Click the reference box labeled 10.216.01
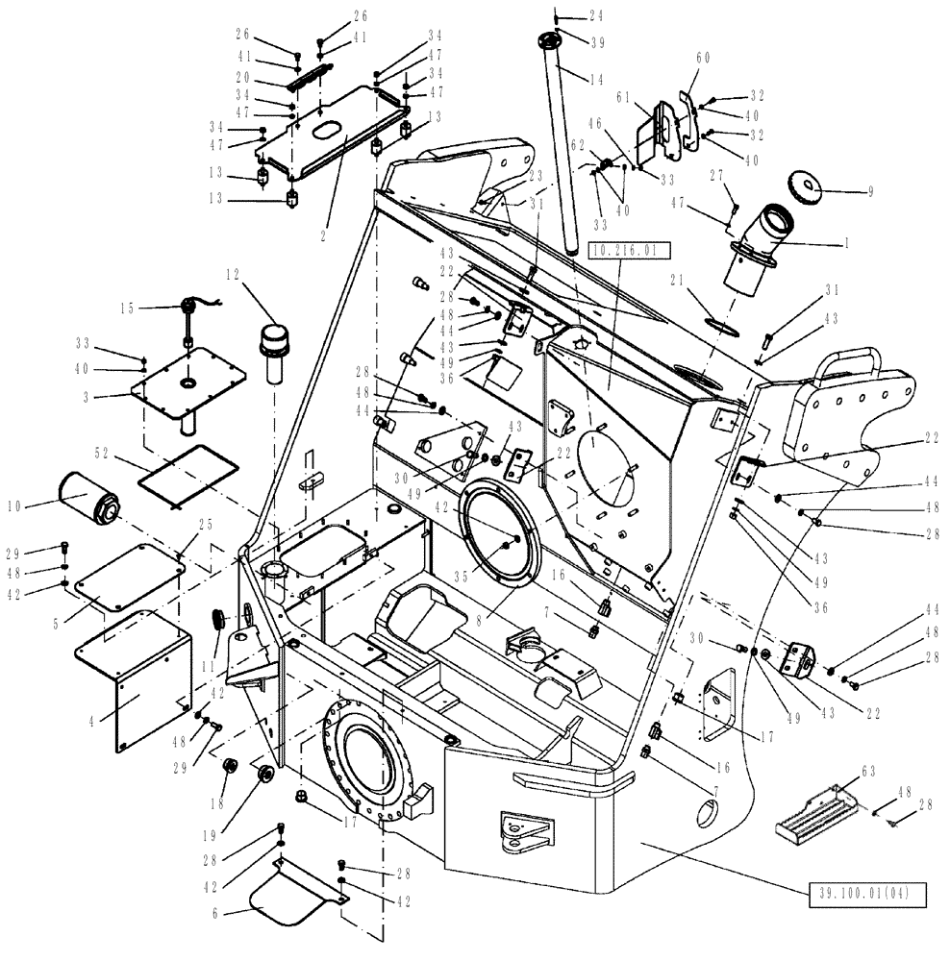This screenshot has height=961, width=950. (x=627, y=252)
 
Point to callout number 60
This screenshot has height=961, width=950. (x=703, y=59)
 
